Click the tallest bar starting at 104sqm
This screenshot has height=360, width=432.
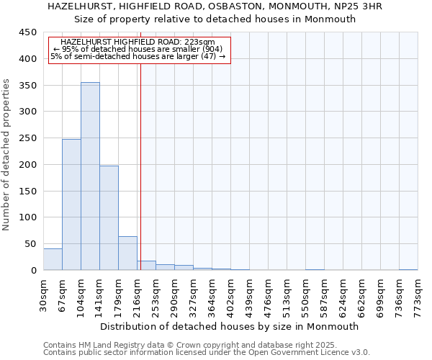click(x=90, y=176)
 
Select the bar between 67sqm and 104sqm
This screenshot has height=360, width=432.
click(x=71, y=204)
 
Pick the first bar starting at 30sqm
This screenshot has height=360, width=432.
click(x=53, y=259)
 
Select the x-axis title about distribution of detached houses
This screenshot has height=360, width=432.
click(x=230, y=326)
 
